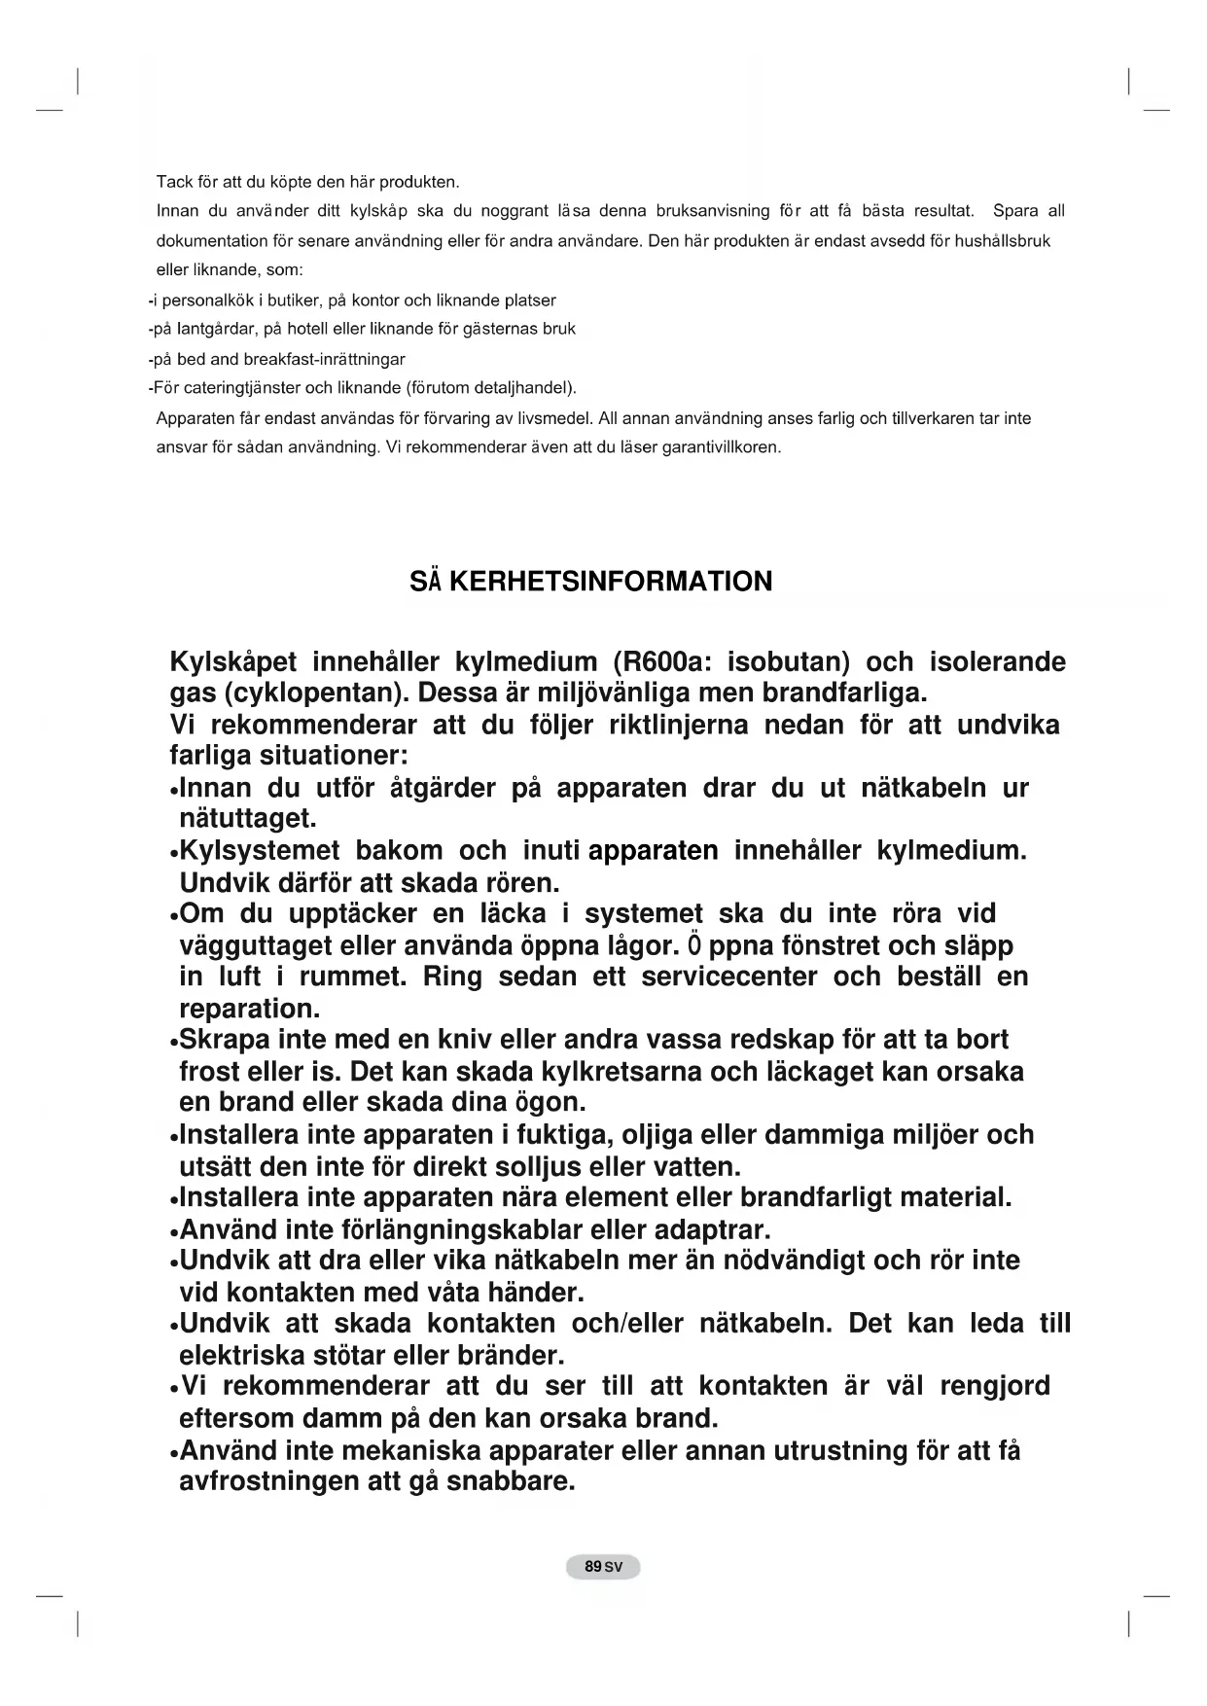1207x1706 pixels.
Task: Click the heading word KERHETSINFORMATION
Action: [x=611, y=582]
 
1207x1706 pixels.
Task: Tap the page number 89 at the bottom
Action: [x=592, y=1567]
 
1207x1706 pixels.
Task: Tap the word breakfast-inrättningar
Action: [x=324, y=359]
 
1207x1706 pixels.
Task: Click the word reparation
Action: [x=250, y=1009]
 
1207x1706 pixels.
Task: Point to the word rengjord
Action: [x=994, y=1386]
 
